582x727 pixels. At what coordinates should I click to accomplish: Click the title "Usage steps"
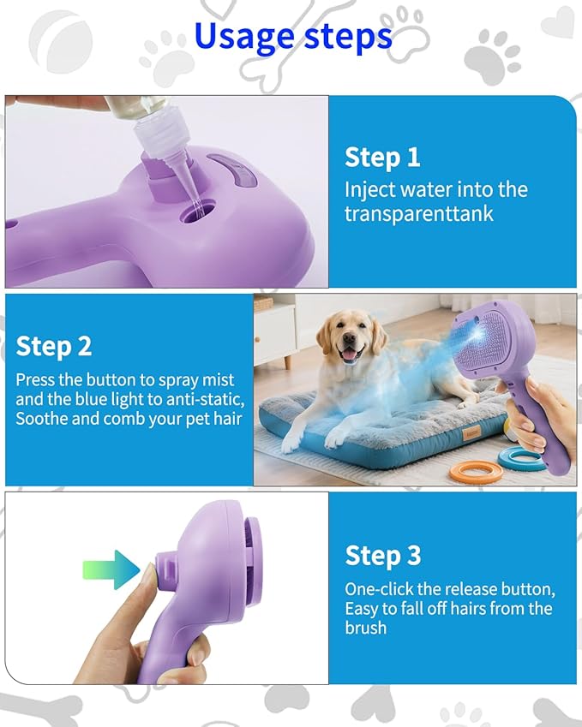(x=293, y=37)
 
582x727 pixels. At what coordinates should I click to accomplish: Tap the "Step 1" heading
(x=382, y=158)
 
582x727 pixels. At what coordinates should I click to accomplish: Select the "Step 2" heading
(x=53, y=346)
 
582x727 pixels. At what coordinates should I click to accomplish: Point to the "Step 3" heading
(x=383, y=555)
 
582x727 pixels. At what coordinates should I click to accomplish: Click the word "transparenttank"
(x=418, y=214)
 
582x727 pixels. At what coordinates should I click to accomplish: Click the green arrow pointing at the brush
(x=111, y=569)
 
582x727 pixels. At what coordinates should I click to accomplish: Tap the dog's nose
(x=348, y=341)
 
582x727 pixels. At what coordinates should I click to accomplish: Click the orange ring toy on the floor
(x=471, y=472)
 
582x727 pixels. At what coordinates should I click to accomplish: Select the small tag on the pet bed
(x=469, y=434)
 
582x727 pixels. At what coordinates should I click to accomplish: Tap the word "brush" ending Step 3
(x=366, y=628)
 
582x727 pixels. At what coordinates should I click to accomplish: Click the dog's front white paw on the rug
(x=292, y=444)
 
